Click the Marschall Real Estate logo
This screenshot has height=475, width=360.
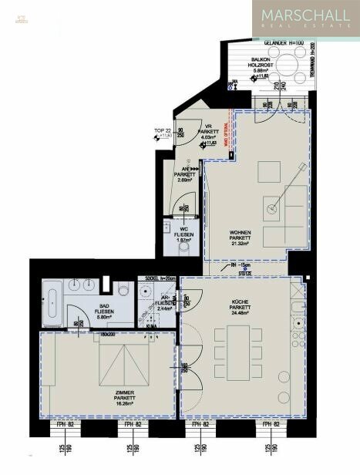pos(305,19)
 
